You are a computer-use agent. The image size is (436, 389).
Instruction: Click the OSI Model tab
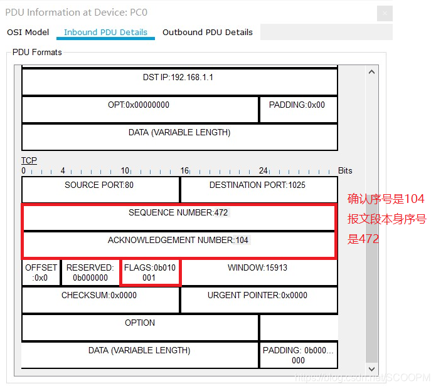pos(28,33)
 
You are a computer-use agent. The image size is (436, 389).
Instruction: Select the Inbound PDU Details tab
pos(105,33)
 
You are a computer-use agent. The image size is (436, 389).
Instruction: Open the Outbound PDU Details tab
pos(207,33)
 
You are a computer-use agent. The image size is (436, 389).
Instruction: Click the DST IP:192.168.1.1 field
pos(179,78)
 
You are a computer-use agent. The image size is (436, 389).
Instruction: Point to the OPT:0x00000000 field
pos(139,105)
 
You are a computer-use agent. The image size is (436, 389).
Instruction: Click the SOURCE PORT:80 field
pos(99,185)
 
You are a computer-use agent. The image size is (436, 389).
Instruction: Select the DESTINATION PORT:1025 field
pos(257,185)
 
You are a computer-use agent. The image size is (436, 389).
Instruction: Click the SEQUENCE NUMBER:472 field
pos(178,213)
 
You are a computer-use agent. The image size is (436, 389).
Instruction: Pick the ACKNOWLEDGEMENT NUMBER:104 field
pos(178,241)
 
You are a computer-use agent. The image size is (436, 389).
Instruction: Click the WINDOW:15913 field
pos(257,268)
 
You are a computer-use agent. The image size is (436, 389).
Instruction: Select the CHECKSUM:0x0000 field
pos(99,296)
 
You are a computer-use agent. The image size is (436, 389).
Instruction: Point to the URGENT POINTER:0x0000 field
pos(257,296)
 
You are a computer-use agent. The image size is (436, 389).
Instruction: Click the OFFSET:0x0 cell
pos(41,272)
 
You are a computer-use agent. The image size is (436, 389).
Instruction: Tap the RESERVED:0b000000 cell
pos(90,272)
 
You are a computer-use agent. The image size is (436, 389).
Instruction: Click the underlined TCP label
pos(29,161)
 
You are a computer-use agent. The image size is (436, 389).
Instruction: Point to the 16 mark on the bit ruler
pos(185,170)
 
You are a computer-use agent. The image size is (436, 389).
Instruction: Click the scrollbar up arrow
pos(372,72)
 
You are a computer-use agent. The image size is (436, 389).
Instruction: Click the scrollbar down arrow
pos(372,369)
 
